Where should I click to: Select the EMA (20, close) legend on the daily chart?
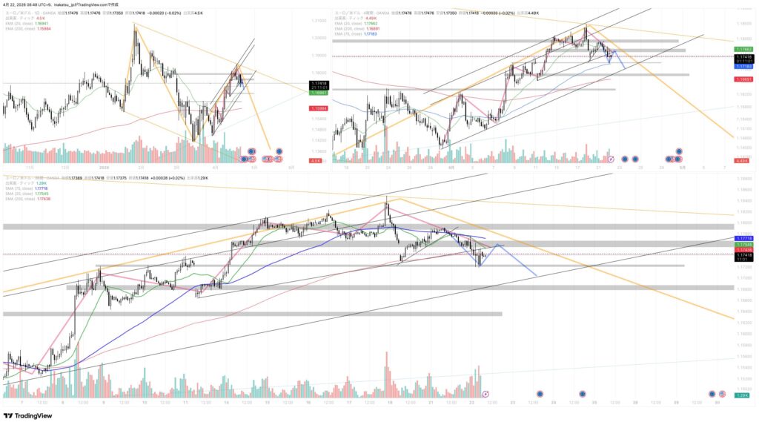pos(23,22)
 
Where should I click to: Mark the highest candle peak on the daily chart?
pos(135,24)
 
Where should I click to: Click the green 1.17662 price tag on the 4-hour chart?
pos(744,49)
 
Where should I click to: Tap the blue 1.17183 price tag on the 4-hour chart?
pos(744,67)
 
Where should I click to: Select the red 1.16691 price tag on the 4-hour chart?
pos(744,79)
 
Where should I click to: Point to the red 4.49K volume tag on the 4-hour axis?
pos(744,161)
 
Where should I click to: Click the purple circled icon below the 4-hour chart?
pos(611,159)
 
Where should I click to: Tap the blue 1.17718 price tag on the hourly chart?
pos(744,238)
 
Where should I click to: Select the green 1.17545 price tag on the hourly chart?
pos(744,244)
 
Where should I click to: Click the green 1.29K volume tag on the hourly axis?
pos(744,397)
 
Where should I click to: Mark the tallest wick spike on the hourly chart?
pos(386,197)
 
